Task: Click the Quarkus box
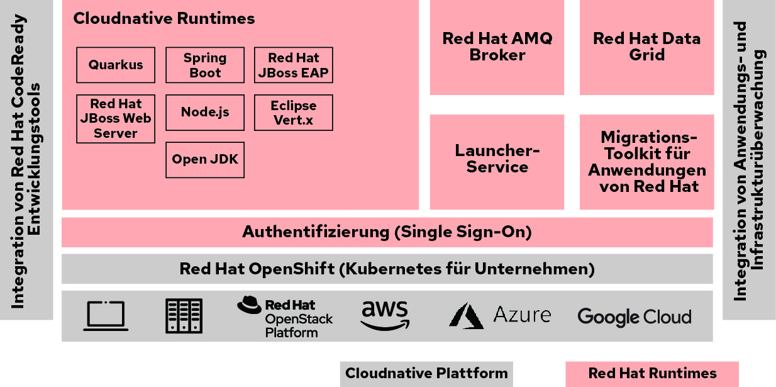pos(116,65)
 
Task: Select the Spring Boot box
pos(205,65)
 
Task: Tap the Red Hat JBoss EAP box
pos(293,65)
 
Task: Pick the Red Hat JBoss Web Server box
pos(116,118)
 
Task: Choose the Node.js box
pos(205,113)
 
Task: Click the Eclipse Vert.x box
pos(293,113)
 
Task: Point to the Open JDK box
pos(205,160)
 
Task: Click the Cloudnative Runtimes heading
pos(164,18)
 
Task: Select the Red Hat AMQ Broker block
pos(497,47)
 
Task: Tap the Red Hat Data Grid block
pos(646,47)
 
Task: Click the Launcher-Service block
pos(497,159)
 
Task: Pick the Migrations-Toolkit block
pos(646,162)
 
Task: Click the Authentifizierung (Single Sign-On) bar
pos(387,232)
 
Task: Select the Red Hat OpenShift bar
pos(387,269)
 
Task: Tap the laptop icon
pos(106,316)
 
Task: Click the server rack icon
pos(184,316)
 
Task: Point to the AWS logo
pos(385,315)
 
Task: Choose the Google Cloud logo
pos(634,317)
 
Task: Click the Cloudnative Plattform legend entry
pos(426,373)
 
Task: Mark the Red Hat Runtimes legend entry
pos(652,373)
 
